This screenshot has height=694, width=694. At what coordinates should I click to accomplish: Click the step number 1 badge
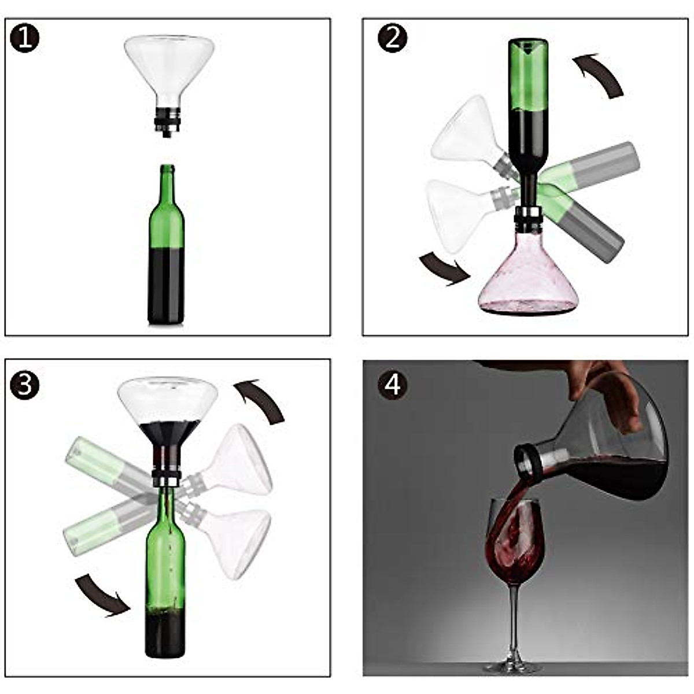tap(25, 39)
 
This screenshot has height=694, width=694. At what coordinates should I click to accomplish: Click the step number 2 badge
tap(392, 39)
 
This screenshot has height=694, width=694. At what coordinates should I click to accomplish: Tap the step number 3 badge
tap(25, 385)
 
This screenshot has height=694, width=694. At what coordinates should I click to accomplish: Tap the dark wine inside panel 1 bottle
tap(166, 286)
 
